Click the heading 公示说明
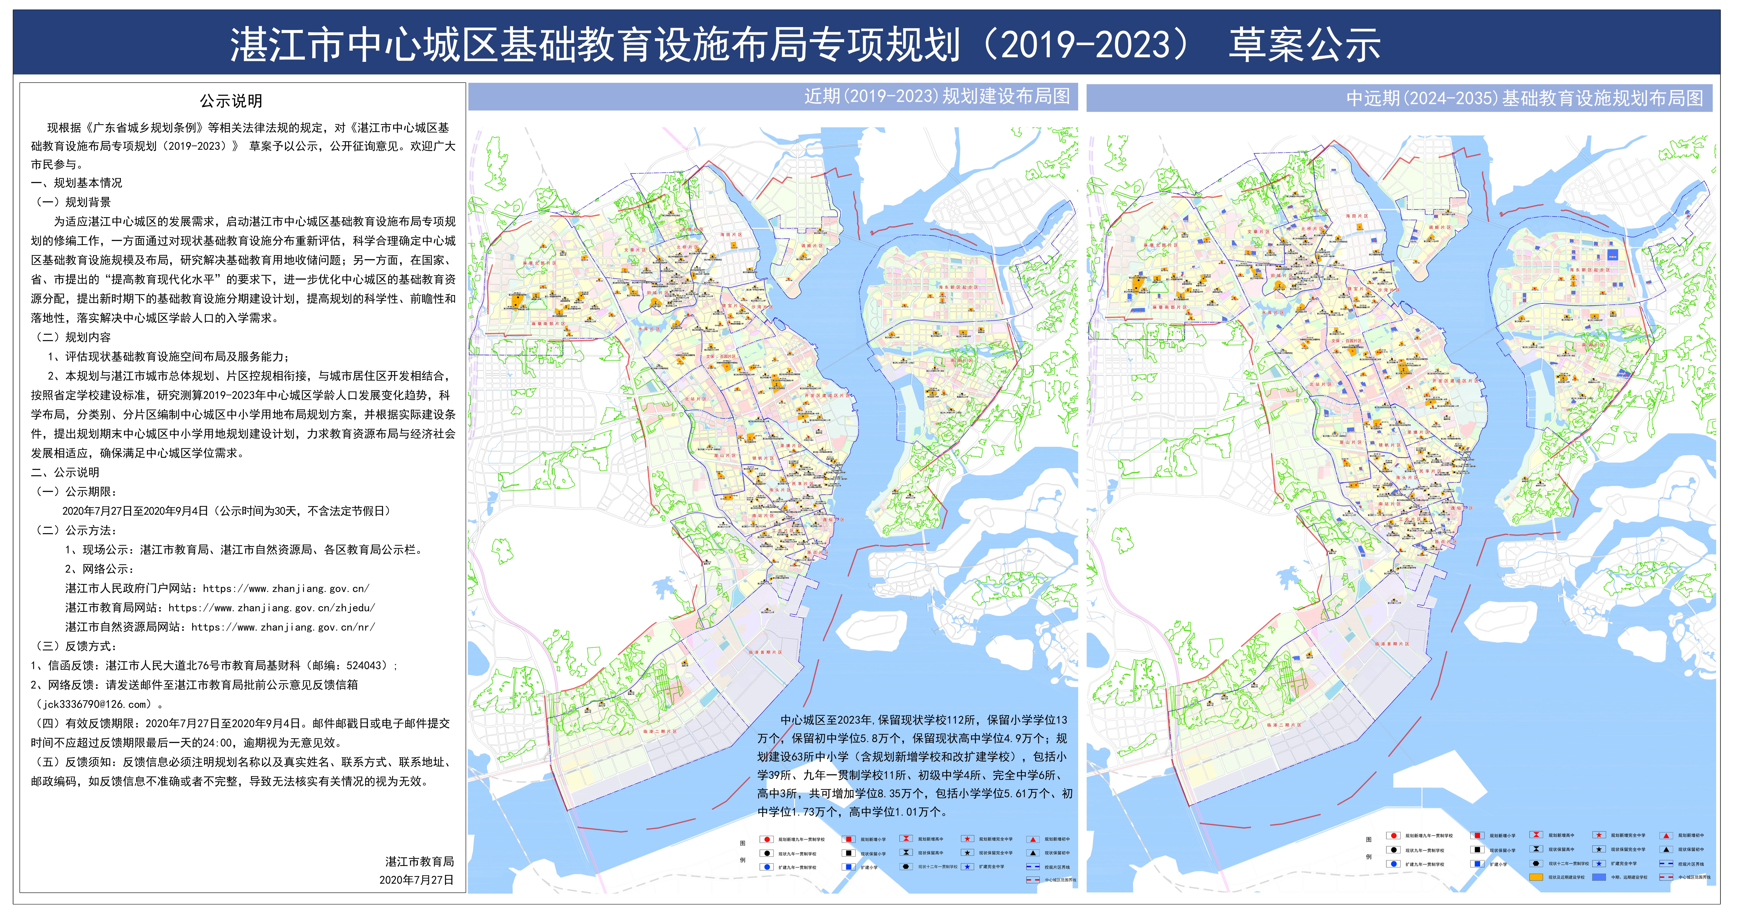[231, 101]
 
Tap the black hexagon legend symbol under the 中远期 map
[1536, 863]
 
